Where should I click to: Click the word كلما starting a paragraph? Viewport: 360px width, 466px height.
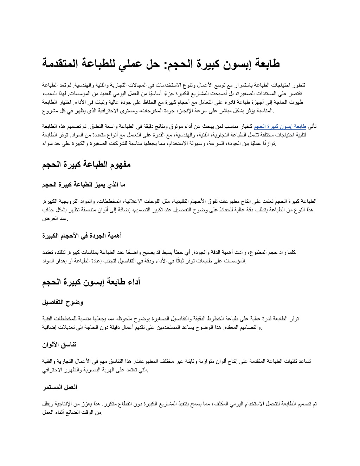coord(291,252)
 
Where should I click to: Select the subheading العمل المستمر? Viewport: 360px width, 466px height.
coord(59,387)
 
